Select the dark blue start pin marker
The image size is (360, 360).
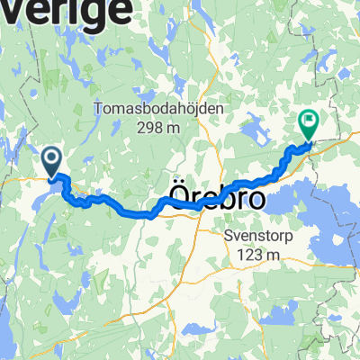coord(50,162)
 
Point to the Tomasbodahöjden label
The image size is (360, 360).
coord(157,109)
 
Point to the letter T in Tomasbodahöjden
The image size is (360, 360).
coord(98,109)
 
